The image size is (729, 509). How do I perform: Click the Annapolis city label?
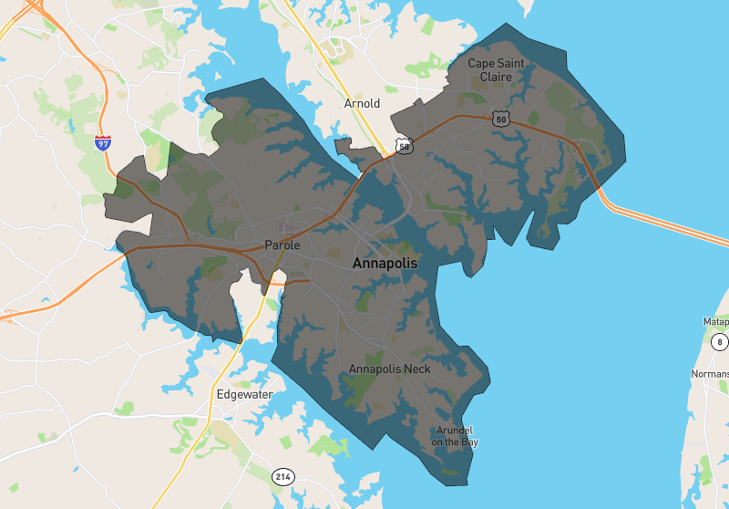pyautogui.click(x=385, y=264)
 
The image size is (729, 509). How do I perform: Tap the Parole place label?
pyautogui.click(x=282, y=245)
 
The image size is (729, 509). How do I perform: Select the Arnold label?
pyautogui.click(x=362, y=104)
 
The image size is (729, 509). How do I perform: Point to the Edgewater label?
pyautogui.click(x=244, y=395)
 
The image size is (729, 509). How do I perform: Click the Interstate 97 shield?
pyautogui.click(x=103, y=143)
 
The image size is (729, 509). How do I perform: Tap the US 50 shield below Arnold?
pyautogui.click(x=404, y=145)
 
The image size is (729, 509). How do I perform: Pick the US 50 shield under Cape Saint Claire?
pyautogui.click(x=499, y=119)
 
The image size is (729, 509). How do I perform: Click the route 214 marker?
pyautogui.click(x=283, y=476)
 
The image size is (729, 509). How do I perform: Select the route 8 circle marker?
pyautogui.click(x=720, y=343)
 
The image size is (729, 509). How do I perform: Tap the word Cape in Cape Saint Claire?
pyautogui.click(x=482, y=64)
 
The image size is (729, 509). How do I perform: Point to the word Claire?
pyautogui.click(x=497, y=78)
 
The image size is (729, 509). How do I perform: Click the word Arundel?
pyautogui.click(x=455, y=431)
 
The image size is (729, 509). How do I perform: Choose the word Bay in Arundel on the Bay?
pyautogui.click(x=469, y=442)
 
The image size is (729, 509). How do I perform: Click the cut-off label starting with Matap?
pyautogui.click(x=715, y=322)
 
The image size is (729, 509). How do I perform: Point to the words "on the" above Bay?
pyautogui.click(x=447, y=442)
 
